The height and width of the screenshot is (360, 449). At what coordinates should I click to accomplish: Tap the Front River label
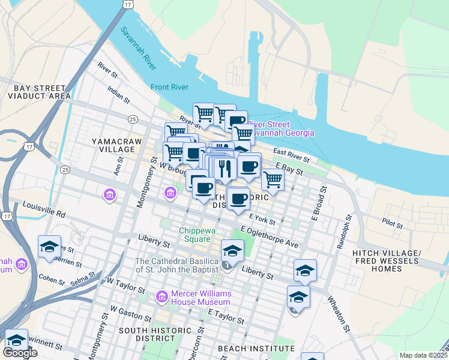[x=170, y=87]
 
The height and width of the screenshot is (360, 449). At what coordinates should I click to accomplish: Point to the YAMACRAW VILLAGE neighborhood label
[x=113, y=145]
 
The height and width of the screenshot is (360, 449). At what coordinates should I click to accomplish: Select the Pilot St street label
[x=392, y=223]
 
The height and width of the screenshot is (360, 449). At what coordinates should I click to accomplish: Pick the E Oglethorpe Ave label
[x=270, y=237]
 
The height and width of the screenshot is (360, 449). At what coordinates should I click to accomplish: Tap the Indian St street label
[x=119, y=95]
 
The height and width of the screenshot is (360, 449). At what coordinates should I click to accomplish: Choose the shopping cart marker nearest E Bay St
[x=273, y=179]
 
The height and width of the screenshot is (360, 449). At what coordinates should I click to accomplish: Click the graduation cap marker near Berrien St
[x=49, y=246]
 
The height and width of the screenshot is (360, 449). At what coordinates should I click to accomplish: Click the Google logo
[x=20, y=353]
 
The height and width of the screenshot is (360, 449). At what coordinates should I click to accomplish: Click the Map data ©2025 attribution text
[x=423, y=355]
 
